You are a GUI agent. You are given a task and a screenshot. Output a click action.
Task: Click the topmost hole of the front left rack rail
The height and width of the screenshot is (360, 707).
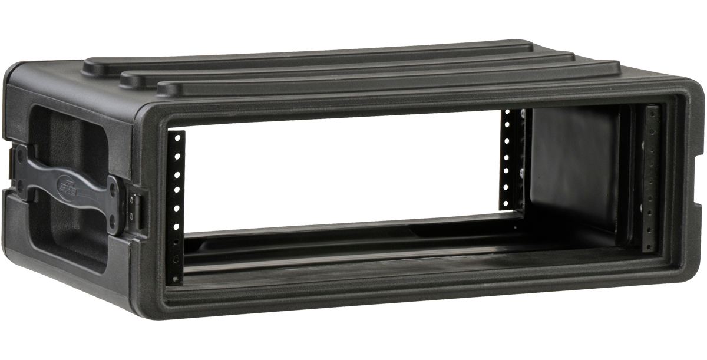pyautogui.click(x=176, y=137)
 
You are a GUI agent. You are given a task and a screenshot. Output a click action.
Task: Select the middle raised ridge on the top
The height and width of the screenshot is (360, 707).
pyautogui.click(x=348, y=66)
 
